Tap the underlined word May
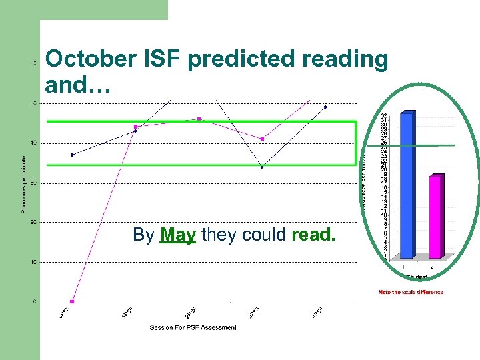[x=178, y=235]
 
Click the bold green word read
[x=314, y=235]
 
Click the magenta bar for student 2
[x=434, y=217]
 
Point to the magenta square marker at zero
[x=72, y=301]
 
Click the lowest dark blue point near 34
[x=262, y=167]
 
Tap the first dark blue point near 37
[x=72, y=155]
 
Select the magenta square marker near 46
[x=199, y=119]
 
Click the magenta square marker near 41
[x=262, y=139]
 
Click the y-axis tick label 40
[x=33, y=143]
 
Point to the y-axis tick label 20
[x=33, y=222]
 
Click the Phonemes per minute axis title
[x=23, y=183]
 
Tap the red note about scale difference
[x=411, y=292]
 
